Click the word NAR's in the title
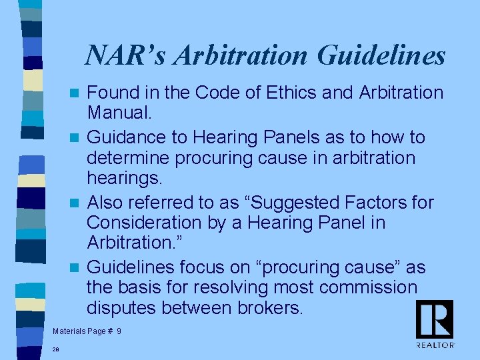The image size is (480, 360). pos(126,55)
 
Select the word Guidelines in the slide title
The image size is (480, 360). pos(381,55)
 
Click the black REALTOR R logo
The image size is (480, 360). pos(435,319)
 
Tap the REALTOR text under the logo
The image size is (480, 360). pos(435,345)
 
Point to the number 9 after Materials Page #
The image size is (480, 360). pos(119,331)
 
